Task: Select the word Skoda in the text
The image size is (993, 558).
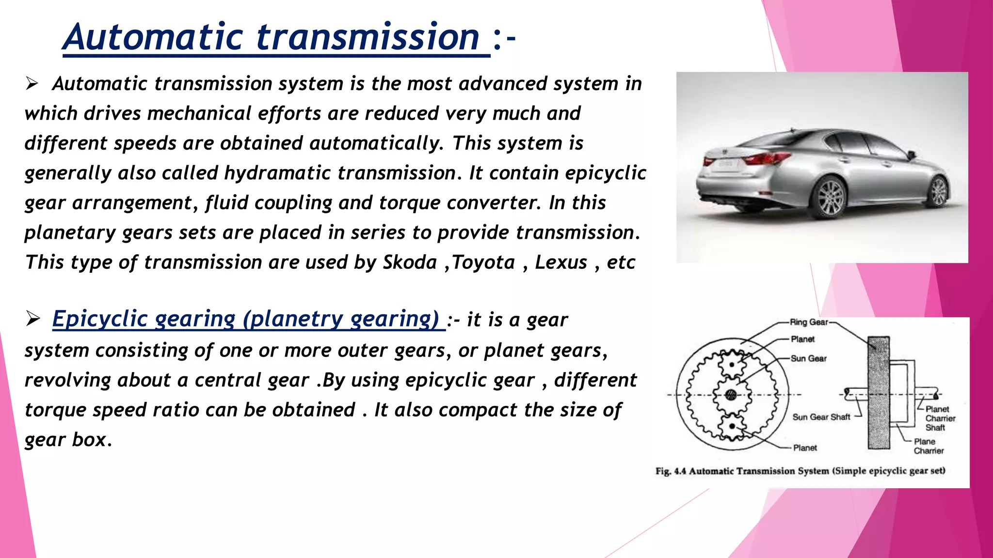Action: [x=410, y=263]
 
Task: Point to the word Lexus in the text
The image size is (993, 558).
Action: [x=561, y=263]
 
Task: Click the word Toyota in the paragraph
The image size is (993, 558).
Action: [x=483, y=263]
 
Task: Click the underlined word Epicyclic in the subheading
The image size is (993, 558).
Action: [x=99, y=319]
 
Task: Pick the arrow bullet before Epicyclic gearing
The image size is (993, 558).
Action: [x=33, y=319]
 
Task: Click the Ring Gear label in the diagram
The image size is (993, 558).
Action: [x=809, y=322]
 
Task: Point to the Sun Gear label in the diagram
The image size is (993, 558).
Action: [x=808, y=358]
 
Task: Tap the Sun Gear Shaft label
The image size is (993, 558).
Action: [x=821, y=417]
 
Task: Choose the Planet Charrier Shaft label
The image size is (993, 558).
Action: [x=940, y=418]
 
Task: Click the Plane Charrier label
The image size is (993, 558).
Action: [x=929, y=446]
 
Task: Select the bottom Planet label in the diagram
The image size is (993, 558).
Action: [x=805, y=448]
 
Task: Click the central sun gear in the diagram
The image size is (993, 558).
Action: [x=732, y=395]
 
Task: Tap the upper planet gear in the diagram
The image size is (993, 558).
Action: [x=732, y=365]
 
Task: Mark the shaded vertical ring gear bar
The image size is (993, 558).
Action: [x=879, y=392]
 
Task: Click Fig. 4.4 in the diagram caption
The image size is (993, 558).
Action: [x=671, y=471]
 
